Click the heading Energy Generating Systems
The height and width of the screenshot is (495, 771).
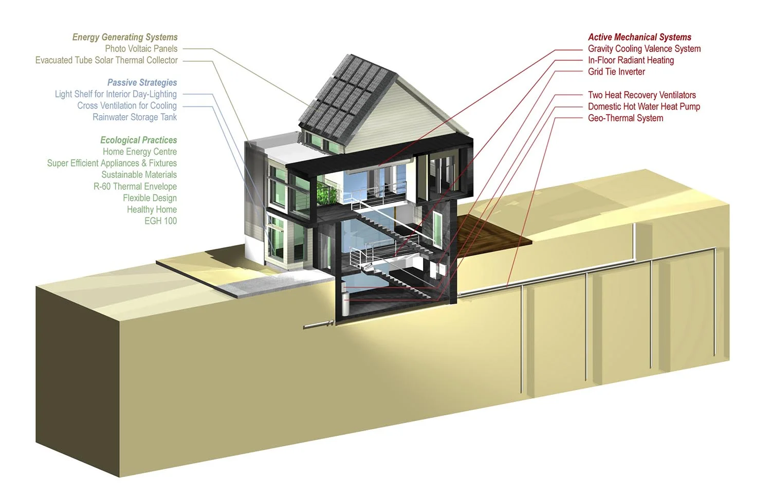(x=125, y=37)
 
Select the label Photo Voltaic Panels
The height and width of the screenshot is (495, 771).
(x=141, y=48)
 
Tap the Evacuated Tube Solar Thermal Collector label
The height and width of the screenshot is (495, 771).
(x=106, y=60)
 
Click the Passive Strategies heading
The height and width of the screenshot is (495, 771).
(x=142, y=82)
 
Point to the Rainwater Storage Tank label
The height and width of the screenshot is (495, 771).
(x=134, y=117)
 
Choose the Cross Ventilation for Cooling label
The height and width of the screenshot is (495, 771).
(x=126, y=105)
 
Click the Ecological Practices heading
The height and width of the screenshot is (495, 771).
(x=138, y=140)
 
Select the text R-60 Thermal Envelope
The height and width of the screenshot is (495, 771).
(x=135, y=186)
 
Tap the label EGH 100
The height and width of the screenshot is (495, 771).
(x=160, y=221)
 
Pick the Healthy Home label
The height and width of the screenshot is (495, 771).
(x=152, y=209)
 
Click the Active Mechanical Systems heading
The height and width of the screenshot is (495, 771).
(x=639, y=37)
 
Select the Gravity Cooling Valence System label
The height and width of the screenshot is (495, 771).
(x=644, y=48)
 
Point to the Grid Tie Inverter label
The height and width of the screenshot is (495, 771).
(x=616, y=71)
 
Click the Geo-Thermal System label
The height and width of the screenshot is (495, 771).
(x=626, y=118)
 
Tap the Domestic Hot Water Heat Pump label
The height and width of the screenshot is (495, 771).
(x=644, y=106)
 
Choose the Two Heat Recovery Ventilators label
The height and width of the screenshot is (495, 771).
(x=642, y=95)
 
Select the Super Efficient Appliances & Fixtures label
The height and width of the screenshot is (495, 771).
(x=112, y=163)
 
